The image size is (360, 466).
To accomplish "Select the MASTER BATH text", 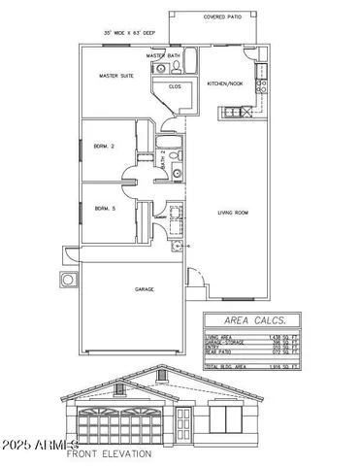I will click(x=163, y=56).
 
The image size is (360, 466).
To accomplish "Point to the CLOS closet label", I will click(x=176, y=85).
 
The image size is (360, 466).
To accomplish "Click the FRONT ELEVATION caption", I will click(x=109, y=453).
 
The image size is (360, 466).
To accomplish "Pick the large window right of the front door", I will click(x=234, y=423).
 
